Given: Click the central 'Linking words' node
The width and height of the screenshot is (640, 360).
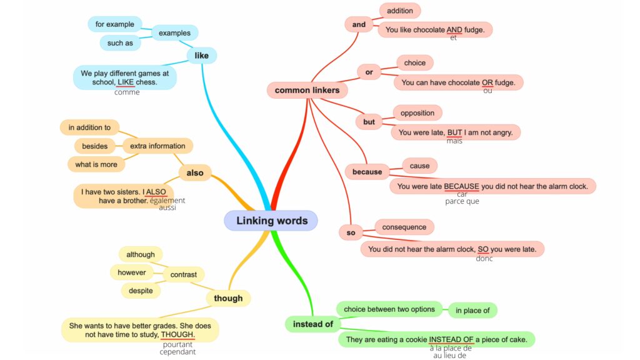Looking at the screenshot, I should [x=271, y=221].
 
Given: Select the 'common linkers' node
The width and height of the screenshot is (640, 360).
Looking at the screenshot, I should [x=307, y=90].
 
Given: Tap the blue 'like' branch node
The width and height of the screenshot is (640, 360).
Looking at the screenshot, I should [x=202, y=56].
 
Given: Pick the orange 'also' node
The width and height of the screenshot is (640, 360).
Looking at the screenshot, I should [x=195, y=172].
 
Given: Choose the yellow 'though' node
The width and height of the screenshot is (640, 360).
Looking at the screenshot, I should [x=228, y=298].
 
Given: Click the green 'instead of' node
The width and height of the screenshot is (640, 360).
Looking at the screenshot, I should [x=312, y=324].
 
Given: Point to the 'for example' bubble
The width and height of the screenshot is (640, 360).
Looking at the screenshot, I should [x=114, y=24].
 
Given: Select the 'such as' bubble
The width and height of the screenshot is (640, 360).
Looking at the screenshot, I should [x=120, y=43].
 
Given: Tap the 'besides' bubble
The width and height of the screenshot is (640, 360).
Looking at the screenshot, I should [x=95, y=146].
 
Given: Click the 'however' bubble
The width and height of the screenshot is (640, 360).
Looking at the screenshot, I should [x=131, y=272].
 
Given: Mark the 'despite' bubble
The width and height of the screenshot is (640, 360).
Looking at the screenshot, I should [x=141, y=291].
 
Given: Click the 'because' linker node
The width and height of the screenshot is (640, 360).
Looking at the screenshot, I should [x=367, y=172].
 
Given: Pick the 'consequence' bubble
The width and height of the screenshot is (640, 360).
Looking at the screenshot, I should [x=404, y=227].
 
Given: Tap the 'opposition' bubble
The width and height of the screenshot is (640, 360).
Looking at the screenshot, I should [x=417, y=113].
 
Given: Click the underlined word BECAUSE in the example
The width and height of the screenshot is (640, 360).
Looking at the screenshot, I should [x=461, y=186].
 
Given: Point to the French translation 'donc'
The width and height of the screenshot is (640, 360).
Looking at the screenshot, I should [x=484, y=259].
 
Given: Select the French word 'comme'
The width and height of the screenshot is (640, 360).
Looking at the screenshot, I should [x=127, y=92].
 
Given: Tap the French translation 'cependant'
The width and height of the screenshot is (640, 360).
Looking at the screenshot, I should [x=177, y=352].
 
